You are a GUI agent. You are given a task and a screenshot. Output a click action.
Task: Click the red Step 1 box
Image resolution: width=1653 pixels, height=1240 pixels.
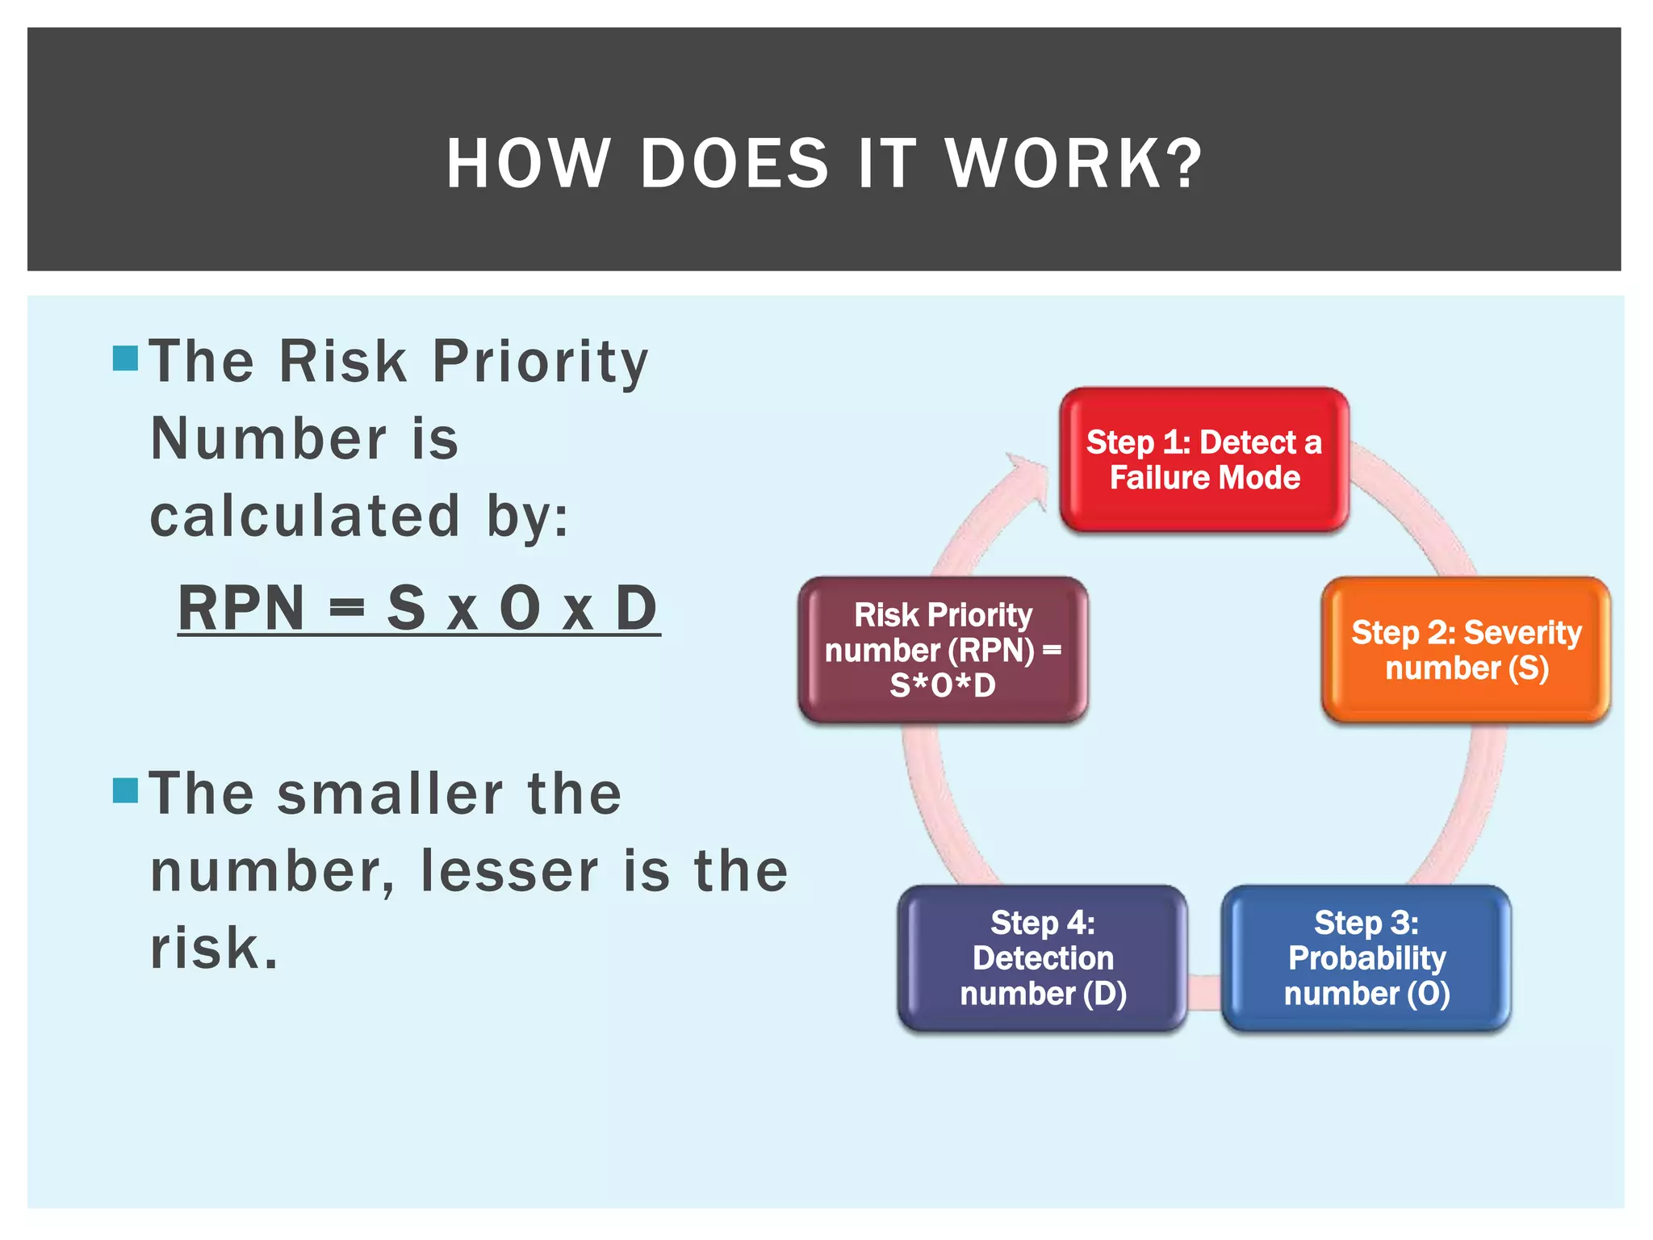click(1203, 459)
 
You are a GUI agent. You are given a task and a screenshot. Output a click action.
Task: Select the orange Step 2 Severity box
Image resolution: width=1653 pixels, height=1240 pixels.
click(1466, 650)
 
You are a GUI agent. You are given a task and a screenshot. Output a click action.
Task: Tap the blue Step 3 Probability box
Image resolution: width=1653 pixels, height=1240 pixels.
click(1366, 958)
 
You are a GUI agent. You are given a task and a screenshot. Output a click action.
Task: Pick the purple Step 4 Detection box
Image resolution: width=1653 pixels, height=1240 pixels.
click(1042, 958)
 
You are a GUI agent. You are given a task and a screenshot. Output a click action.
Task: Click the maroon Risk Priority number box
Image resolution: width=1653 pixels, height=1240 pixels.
click(943, 650)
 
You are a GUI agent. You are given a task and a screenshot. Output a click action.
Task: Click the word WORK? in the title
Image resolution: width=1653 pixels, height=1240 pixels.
click(1074, 164)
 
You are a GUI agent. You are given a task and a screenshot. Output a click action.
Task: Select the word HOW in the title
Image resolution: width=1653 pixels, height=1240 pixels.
click(528, 164)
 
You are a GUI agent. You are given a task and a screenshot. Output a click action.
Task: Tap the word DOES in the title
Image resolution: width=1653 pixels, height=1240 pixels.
click(734, 164)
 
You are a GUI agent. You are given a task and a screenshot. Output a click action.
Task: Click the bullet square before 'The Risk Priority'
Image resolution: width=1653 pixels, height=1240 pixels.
click(126, 358)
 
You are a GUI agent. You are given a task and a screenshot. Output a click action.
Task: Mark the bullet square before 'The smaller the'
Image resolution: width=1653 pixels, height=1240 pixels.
click(126, 790)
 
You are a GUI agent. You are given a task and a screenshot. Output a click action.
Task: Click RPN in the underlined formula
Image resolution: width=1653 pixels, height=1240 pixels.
click(241, 608)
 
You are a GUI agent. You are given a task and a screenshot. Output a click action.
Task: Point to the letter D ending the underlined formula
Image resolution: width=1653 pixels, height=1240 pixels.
click(636, 608)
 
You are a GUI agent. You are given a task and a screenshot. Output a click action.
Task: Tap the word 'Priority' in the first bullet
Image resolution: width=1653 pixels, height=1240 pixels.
click(540, 361)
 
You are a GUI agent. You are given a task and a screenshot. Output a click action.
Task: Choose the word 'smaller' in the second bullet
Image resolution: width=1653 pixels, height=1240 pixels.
click(390, 794)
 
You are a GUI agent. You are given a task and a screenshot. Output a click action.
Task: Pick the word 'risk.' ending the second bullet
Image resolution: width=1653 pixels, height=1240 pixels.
click(215, 948)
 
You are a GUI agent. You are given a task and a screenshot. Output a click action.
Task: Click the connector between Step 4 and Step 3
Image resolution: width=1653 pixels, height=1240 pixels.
click(1204, 991)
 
